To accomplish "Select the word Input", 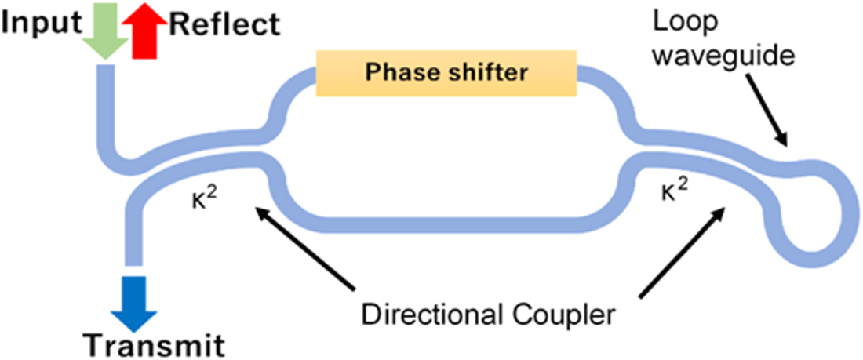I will tap(43, 24).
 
